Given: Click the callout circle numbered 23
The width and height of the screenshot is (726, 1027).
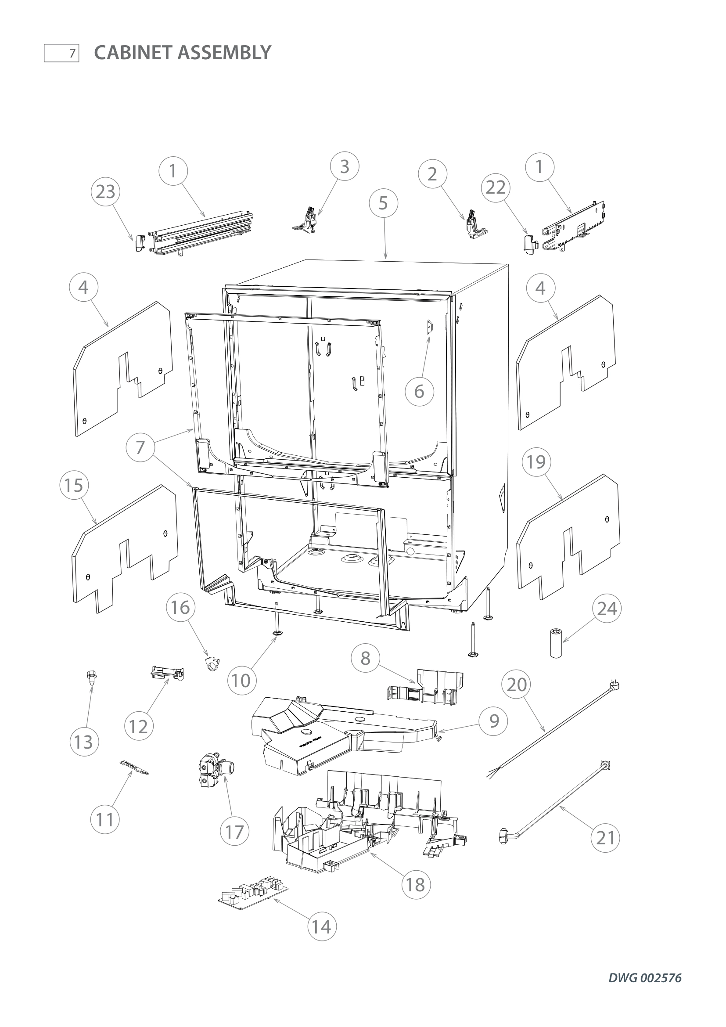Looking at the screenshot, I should tap(105, 192).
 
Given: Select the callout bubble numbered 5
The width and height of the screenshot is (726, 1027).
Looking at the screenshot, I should tap(383, 203).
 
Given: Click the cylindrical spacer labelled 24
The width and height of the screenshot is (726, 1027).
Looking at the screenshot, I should tap(556, 644).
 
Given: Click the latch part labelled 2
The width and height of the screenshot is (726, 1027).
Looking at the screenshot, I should tap(474, 224).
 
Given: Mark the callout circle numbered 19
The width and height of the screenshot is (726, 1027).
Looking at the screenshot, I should tap(536, 461).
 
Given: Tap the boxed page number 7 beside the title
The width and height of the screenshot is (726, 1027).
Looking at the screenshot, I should tap(62, 53).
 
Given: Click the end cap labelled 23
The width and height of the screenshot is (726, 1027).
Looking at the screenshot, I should tap(139, 244).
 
